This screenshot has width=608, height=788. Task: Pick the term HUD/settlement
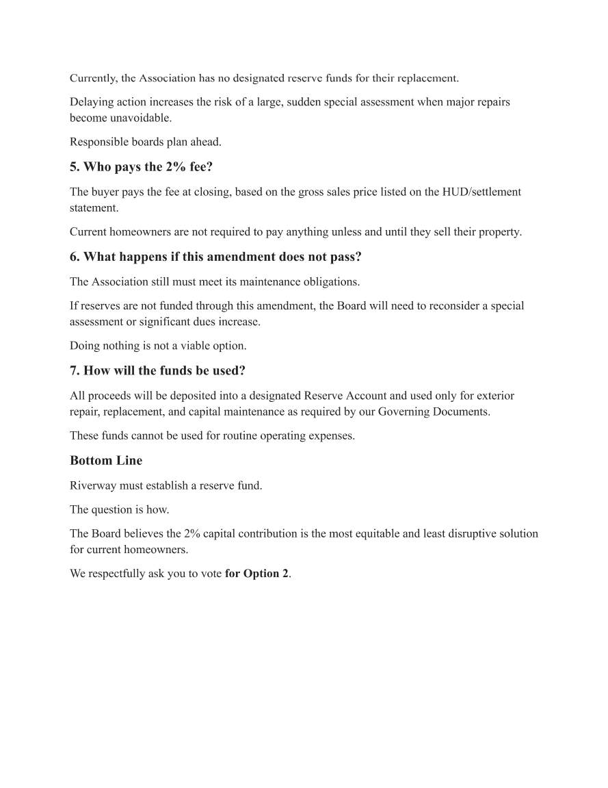[x=483, y=192]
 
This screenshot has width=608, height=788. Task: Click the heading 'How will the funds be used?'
[x=157, y=370]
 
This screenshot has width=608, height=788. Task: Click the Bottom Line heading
[x=106, y=461]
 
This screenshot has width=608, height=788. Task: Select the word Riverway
[x=92, y=485]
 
